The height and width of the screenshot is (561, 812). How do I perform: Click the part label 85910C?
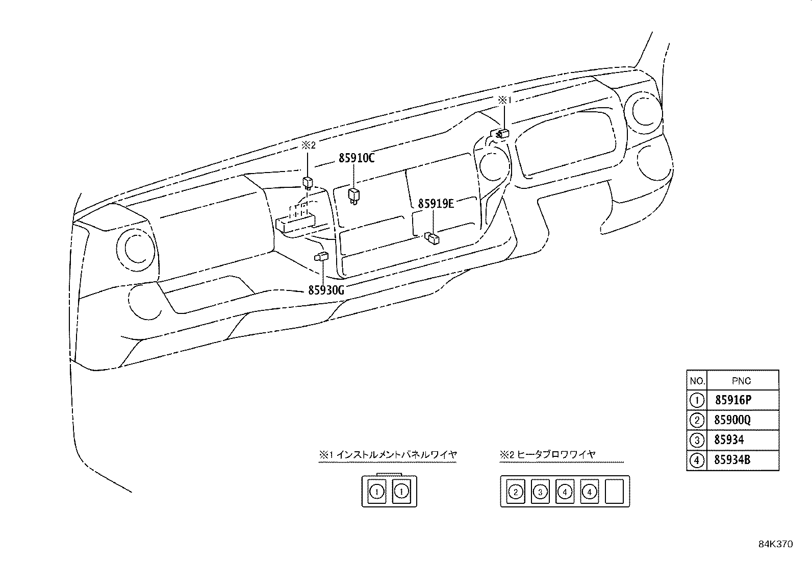point(357,158)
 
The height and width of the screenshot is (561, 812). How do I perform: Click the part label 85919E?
point(436,204)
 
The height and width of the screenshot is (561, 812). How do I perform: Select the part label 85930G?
point(326,290)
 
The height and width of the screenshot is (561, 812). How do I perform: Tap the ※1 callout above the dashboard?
point(504,101)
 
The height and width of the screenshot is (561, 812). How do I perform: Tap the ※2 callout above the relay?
point(309,145)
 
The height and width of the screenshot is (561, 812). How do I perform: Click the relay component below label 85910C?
point(353,195)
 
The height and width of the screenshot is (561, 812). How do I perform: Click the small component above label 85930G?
point(321,257)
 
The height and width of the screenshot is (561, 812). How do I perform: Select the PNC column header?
point(741,381)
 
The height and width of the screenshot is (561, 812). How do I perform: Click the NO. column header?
point(697,381)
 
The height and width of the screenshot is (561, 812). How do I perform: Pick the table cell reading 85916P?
point(733,400)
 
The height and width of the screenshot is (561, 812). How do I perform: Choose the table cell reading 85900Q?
point(732,420)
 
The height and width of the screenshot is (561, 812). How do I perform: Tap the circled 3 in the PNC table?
point(697,440)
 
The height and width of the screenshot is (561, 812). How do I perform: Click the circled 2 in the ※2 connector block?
point(516,492)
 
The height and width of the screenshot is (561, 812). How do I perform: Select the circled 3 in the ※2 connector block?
point(540,492)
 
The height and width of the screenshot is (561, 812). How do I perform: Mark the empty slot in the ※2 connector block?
point(614,492)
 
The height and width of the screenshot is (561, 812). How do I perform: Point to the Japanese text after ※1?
point(397,454)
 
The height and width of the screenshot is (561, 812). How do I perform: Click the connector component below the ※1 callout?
point(501,134)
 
